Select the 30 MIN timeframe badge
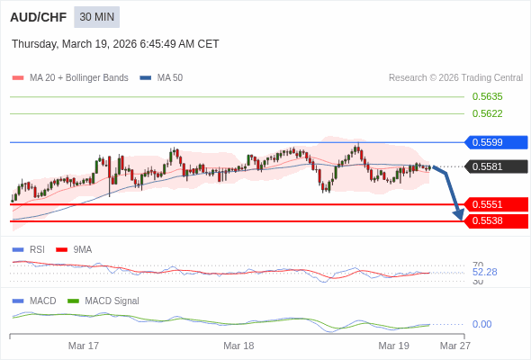click(x=96, y=17)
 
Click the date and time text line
click(x=115, y=44)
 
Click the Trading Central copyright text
click(x=455, y=78)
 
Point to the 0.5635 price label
click(x=487, y=96)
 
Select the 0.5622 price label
click(x=487, y=113)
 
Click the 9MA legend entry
click(x=82, y=249)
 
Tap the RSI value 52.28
click(x=484, y=272)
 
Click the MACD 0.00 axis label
click(x=481, y=324)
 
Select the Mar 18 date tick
click(x=238, y=346)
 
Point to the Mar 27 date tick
click(x=454, y=346)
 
